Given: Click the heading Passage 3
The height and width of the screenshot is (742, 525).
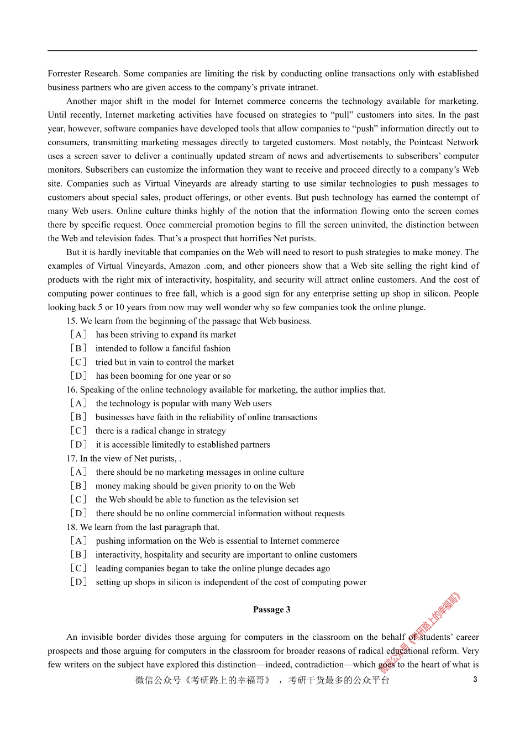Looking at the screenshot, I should click(x=271, y=609).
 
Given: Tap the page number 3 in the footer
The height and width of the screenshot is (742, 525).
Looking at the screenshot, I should click(x=475, y=680).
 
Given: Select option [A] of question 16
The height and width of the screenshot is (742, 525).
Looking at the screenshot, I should click(x=78, y=404).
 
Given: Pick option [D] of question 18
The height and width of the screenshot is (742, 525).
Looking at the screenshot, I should click(x=78, y=582).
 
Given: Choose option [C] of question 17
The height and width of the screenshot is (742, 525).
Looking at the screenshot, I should click(x=78, y=500).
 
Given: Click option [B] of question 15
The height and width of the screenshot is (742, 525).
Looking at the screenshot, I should click(x=78, y=348).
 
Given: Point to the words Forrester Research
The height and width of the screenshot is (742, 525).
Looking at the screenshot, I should click(x=83, y=73).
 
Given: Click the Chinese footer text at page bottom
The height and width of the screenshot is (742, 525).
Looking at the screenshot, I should click(x=262, y=680).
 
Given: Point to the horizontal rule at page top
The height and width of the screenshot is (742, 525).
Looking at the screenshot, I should click(x=262, y=51).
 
